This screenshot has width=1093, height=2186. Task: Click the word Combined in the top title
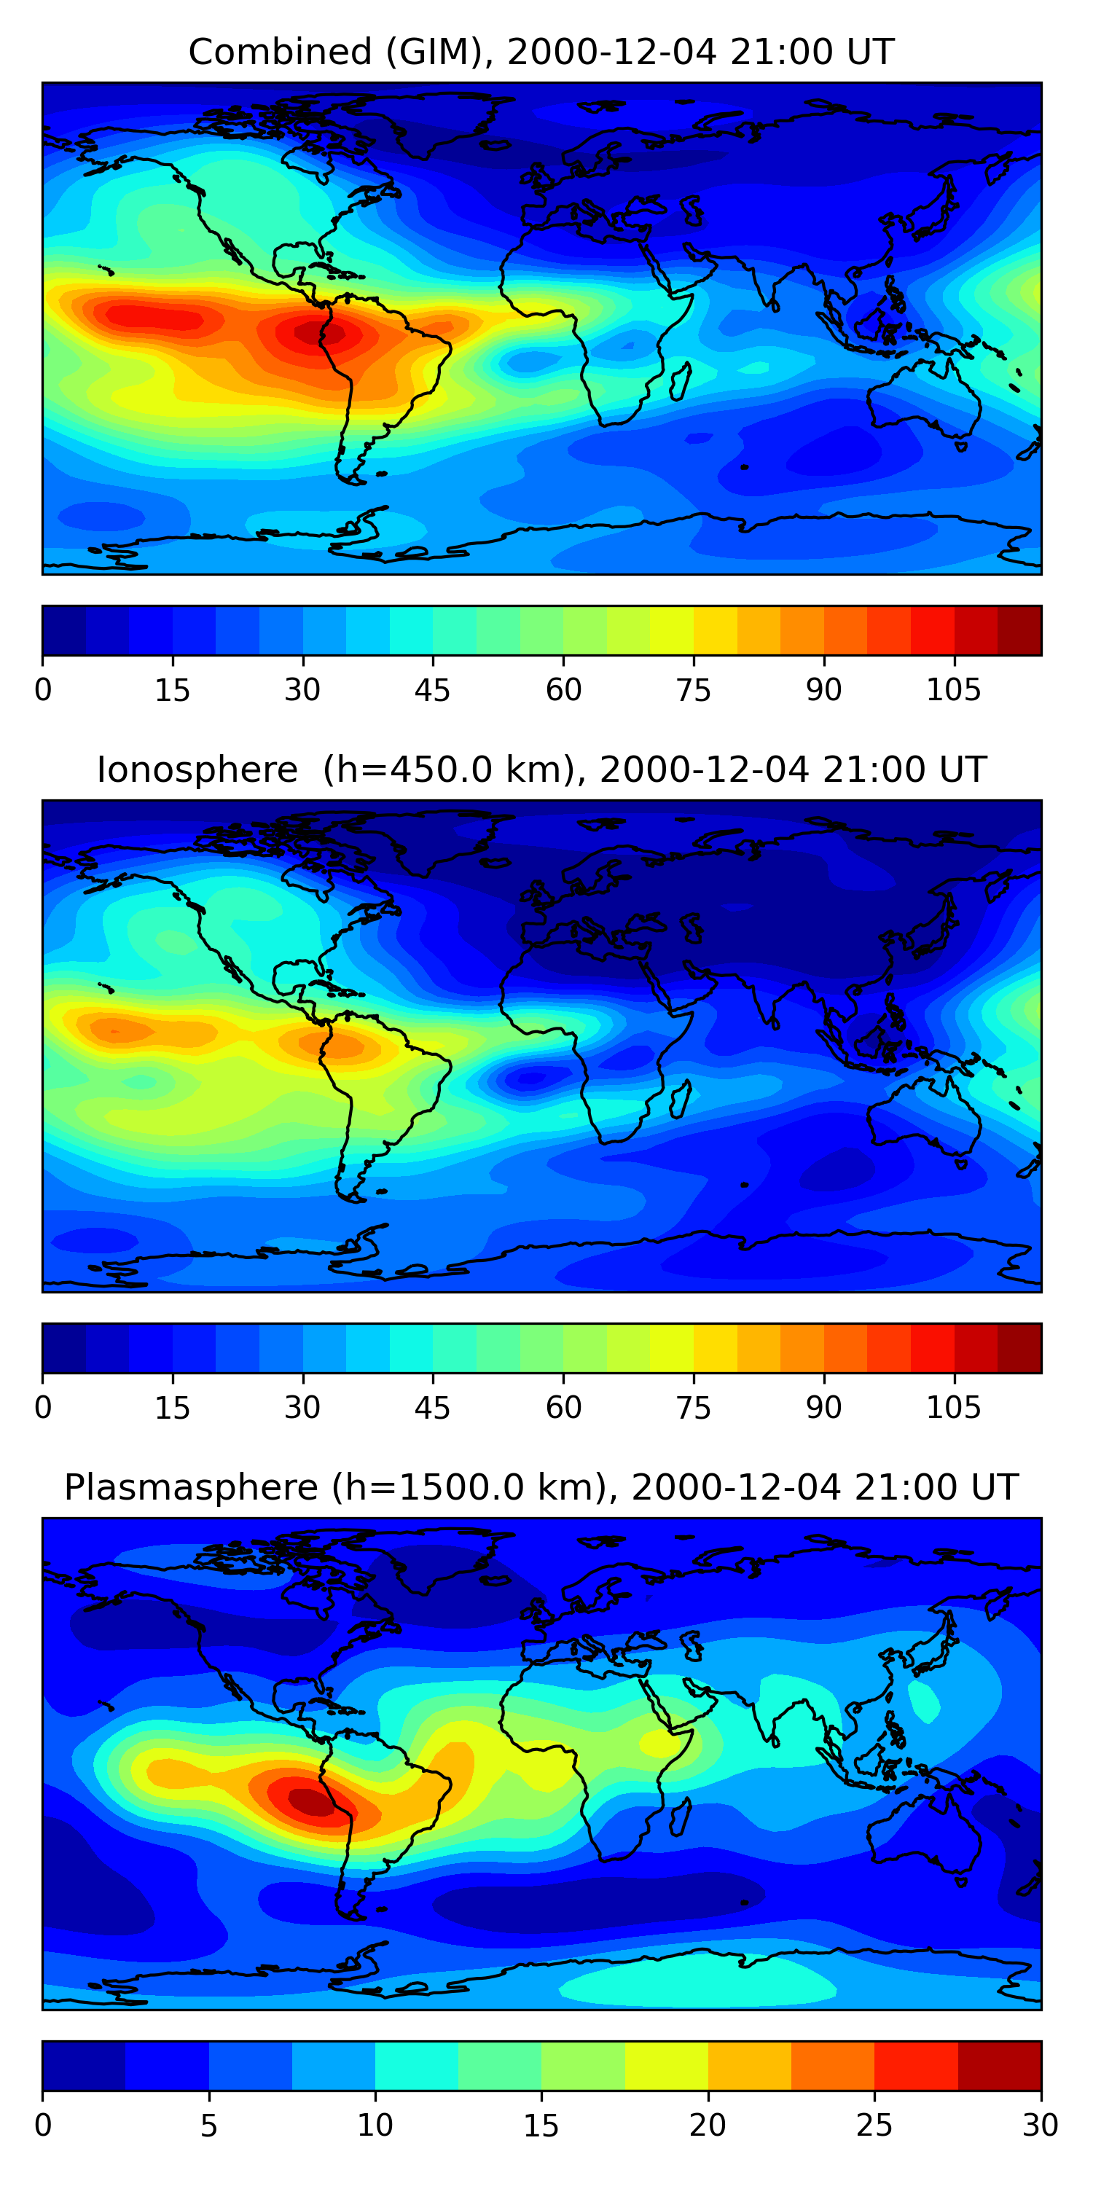(x=280, y=52)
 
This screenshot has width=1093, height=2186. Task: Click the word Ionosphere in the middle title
(x=197, y=770)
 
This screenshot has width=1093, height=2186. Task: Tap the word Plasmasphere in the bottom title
(x=190, y=1488)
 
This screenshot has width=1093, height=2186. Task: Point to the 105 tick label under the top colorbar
(x=953, y=691)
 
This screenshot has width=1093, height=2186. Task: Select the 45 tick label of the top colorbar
(x=432, y=691)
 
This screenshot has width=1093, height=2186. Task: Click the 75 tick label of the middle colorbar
(x=693, y=1408)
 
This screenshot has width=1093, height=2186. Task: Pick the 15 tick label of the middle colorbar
(x=172, y=1408)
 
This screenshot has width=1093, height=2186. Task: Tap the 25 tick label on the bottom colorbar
(x=874, y=2126)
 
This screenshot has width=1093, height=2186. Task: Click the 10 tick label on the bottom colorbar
(x=375, y=2126)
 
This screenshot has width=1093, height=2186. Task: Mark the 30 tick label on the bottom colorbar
(x=1040, y=2126)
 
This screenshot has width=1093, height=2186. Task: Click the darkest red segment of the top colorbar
(x=1019, y=630)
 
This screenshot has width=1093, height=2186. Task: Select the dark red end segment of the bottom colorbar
(x=999, y=2066)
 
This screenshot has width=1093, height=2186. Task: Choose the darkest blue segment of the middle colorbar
(x=65, y=1347)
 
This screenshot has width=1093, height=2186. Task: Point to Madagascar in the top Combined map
(x=680, y=381)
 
